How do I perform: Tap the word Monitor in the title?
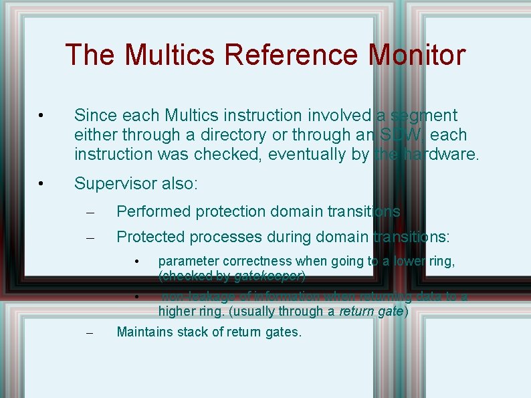click(416, 55)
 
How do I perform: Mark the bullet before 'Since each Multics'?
click(41, 116)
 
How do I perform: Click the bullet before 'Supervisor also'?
click(41, 184)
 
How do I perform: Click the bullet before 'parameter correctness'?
click(136, 261)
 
